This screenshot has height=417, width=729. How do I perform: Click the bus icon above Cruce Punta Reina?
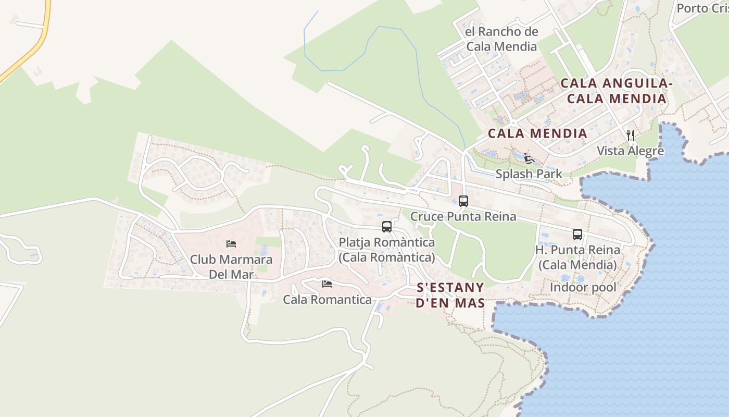463,201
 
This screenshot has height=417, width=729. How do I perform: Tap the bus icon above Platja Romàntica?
386,226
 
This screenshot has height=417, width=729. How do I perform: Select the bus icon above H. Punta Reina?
577,235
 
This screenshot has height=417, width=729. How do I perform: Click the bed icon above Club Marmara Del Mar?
231,243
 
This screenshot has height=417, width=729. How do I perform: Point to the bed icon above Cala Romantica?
327,284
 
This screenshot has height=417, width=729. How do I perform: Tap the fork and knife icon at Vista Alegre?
631,136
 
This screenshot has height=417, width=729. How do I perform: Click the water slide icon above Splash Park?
529,158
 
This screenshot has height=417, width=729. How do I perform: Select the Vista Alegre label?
630,151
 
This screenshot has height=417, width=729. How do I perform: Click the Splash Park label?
529,174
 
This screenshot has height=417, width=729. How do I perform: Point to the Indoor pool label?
583,287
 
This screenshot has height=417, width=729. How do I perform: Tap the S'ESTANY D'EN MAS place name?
450,295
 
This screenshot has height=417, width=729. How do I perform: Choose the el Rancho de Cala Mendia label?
501,39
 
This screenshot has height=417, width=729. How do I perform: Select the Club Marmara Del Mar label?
231,266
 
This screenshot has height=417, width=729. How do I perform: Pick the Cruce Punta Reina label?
463,216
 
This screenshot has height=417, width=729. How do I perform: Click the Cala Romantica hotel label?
327,300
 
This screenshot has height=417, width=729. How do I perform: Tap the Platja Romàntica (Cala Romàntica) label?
386,250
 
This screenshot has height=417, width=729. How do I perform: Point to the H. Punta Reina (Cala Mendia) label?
577,257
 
